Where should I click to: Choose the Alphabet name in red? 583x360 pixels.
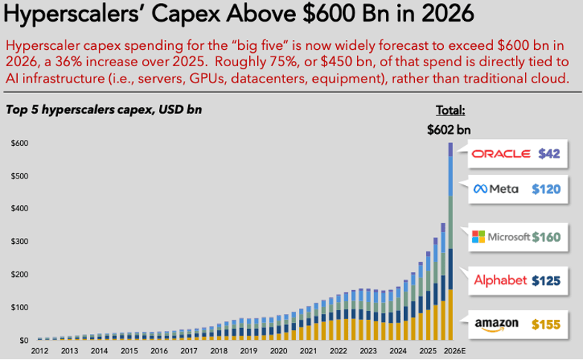(500, 280)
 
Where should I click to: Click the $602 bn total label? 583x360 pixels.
(449, 129)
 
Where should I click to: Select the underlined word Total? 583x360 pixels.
(450, 111)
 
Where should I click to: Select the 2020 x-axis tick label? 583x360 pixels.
(278, 350)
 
